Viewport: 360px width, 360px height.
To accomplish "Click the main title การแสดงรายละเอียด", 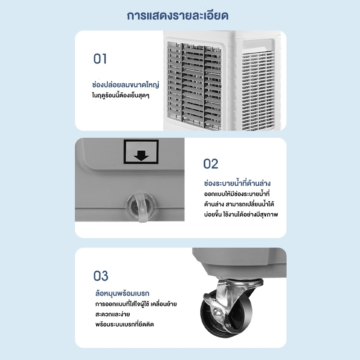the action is (x=177, y=16).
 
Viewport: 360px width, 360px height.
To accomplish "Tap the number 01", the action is (x=100, y=59).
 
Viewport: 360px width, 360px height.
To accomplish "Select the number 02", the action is (x=211, y=164).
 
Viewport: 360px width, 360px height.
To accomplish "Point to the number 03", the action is (x=100, y=276).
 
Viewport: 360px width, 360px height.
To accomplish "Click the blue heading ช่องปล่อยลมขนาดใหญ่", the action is (x=126, y=85).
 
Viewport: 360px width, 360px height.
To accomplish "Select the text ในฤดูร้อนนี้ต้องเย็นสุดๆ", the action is (x=121, y=95).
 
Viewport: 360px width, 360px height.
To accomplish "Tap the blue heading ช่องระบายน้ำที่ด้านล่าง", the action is (x=237, y=183).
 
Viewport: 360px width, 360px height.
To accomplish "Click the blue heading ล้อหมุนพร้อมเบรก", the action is (x=122, y=293).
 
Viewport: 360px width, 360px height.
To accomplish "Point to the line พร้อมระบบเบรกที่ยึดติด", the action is (x=125, y=324).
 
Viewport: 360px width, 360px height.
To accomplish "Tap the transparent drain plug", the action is (x=141, y=207).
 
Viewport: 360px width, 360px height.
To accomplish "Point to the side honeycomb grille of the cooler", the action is (x=258, y=91).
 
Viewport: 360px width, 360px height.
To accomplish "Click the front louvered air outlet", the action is (x=194, y=85).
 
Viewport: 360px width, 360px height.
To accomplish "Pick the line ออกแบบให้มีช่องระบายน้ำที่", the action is (x=237, y=193).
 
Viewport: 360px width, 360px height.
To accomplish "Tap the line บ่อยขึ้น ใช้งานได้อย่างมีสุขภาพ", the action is (x=241, y=214).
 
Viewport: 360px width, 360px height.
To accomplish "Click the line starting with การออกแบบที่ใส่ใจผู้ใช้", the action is (x=136, y=304).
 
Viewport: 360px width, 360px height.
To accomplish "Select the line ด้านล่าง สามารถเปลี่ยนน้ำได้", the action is (x=239, y=204).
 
